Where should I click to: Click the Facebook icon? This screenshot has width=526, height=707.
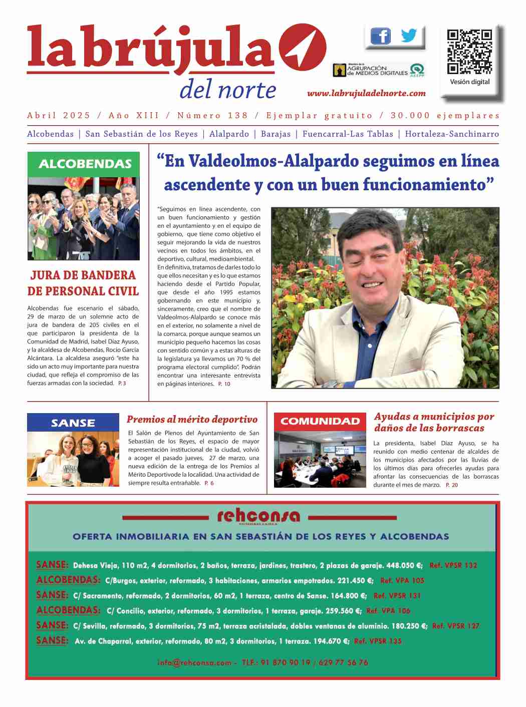pos(381,36)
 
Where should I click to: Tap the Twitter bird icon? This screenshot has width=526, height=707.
pos(409,36)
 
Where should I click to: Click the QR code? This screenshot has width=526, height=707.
pos(469,52)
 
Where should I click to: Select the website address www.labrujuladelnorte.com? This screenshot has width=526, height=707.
pos(366,93)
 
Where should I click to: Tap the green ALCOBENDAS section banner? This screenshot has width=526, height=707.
pos(84,164)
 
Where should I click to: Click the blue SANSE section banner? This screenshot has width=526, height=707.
pos(73,423)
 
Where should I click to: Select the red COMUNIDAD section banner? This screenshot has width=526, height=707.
pos(320,422)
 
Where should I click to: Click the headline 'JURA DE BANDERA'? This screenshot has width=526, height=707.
pos(83,275)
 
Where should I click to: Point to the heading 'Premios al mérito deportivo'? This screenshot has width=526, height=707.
pos(192,420)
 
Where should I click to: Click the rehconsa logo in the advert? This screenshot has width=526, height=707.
pos(258,516)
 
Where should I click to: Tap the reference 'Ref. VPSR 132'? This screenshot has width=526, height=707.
pos(453,565)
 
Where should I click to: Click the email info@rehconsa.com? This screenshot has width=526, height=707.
pos(194,662)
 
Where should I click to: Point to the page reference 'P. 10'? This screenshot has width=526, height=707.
pos(224,384)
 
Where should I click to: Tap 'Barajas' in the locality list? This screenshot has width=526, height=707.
pos(276,134)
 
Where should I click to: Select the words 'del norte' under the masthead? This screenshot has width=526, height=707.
pos(227,90)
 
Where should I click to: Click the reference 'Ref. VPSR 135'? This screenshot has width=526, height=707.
pos(378,641)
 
